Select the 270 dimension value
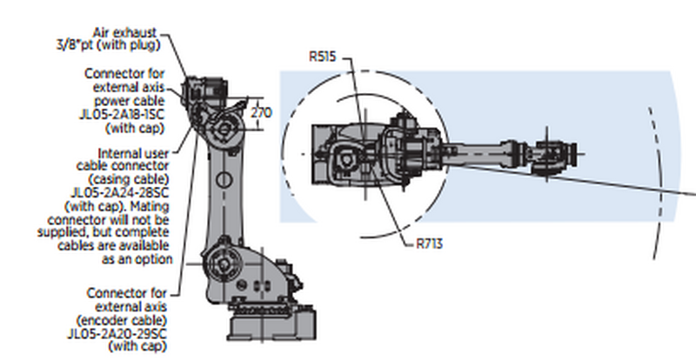pos(261,113)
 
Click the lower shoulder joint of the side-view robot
pos(223,262)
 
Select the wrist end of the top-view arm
pos(554,149)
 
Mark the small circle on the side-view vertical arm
pos(223,180)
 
